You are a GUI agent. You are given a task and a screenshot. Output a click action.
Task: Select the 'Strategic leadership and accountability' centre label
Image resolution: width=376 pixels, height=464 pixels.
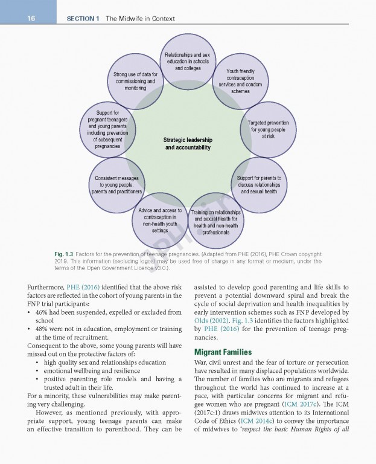coord(188,144)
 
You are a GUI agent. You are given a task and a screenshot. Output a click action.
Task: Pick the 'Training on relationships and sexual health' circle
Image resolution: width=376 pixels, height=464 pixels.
coord(215,222)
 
